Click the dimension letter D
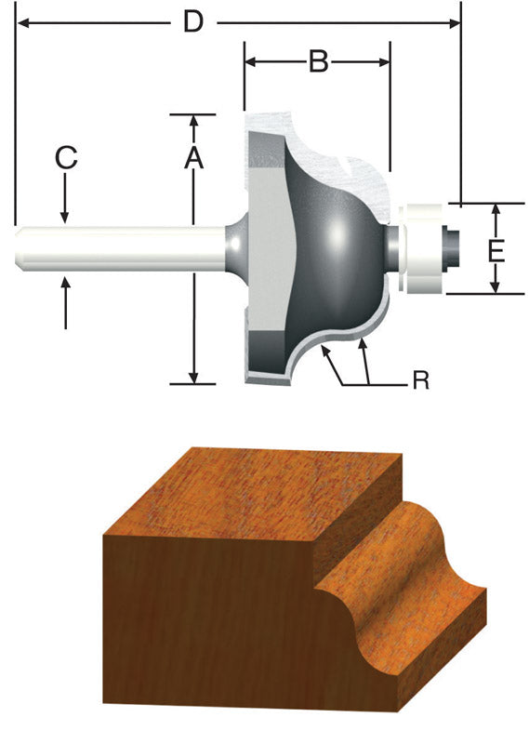pyautogui.click(x=192, y=20)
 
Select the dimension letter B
pyautogui.click(x=318, y=62)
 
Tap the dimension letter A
pyautogui.click(x=192, y=157)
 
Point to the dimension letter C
pyautogui.click(x=65, y=157)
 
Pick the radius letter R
pyautogui.click(x=420, y=381)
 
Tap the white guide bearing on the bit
pyautogui.click(x=422, y=247)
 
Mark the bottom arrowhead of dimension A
pyautogui.click(x=193, y=377)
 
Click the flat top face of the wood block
pyautogui.click(x=251, y=502)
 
